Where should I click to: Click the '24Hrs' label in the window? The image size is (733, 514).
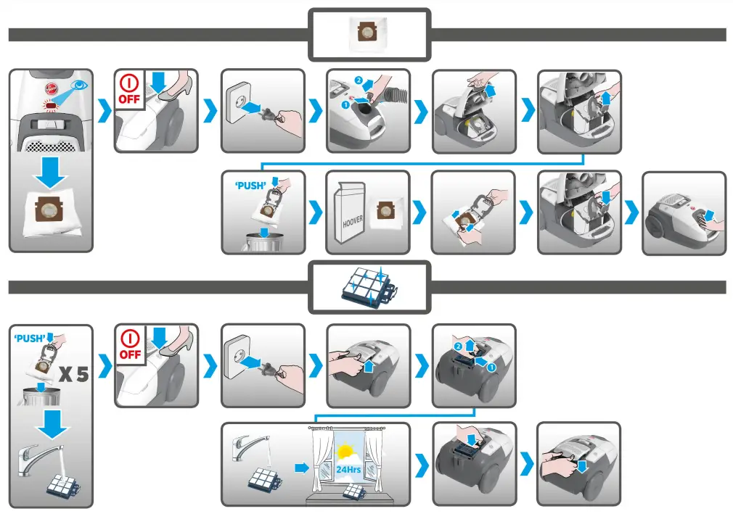349,469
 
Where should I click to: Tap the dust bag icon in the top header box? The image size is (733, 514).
369,34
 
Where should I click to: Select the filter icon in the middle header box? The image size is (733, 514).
369,287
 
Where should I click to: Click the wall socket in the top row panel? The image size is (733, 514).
242,99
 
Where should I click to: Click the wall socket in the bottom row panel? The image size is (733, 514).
242,354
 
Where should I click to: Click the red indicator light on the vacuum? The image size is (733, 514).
52,107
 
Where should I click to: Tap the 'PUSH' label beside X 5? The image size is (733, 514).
30,338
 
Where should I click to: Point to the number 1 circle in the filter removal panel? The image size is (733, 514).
491,368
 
